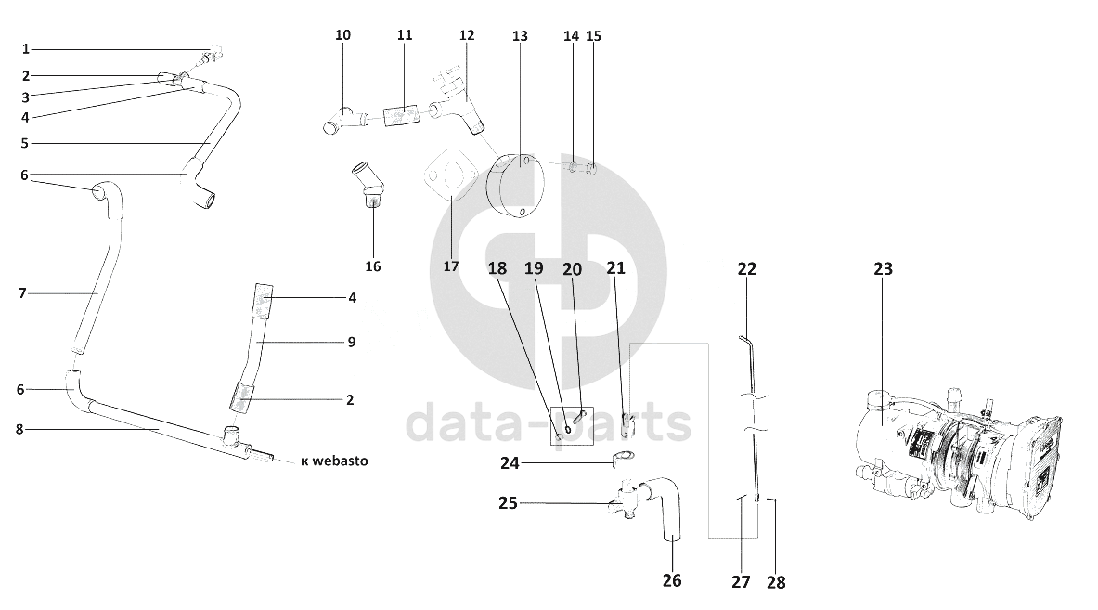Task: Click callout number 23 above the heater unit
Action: point(883,269)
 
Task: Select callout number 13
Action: point(520,35)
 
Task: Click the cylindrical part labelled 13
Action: point(513,187)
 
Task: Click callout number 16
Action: point(372,266)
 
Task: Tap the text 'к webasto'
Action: point(334,461)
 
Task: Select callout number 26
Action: point(672,580)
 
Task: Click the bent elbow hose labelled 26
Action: point(664,508)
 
